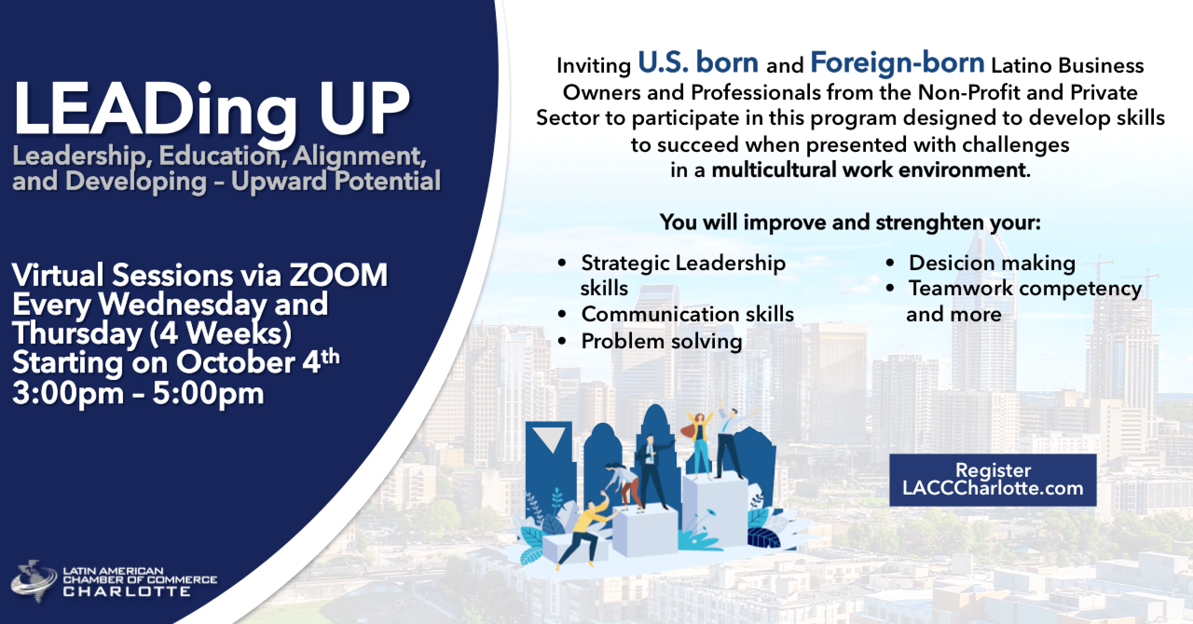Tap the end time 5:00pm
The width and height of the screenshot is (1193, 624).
pyautogui.click(x=208, y=394)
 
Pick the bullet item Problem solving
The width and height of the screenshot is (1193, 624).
pyautogui.click(x=662, y=342)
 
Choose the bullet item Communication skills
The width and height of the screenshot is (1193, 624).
pyautogui.click(x=687, y=314)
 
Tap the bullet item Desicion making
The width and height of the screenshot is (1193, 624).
pyautogui.click(x=992, y=264)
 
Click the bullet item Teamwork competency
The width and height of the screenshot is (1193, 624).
pyautogui.click(x=1025, y=289)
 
